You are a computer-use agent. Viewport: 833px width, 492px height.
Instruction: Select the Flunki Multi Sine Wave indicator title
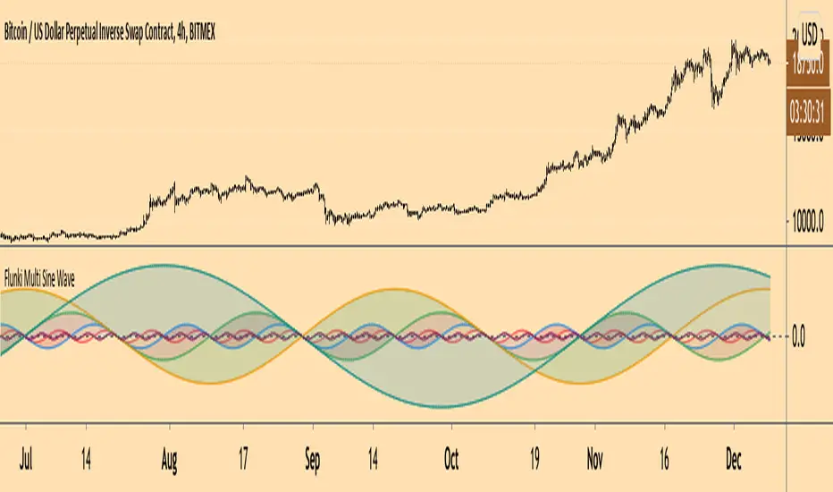point(39,277)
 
